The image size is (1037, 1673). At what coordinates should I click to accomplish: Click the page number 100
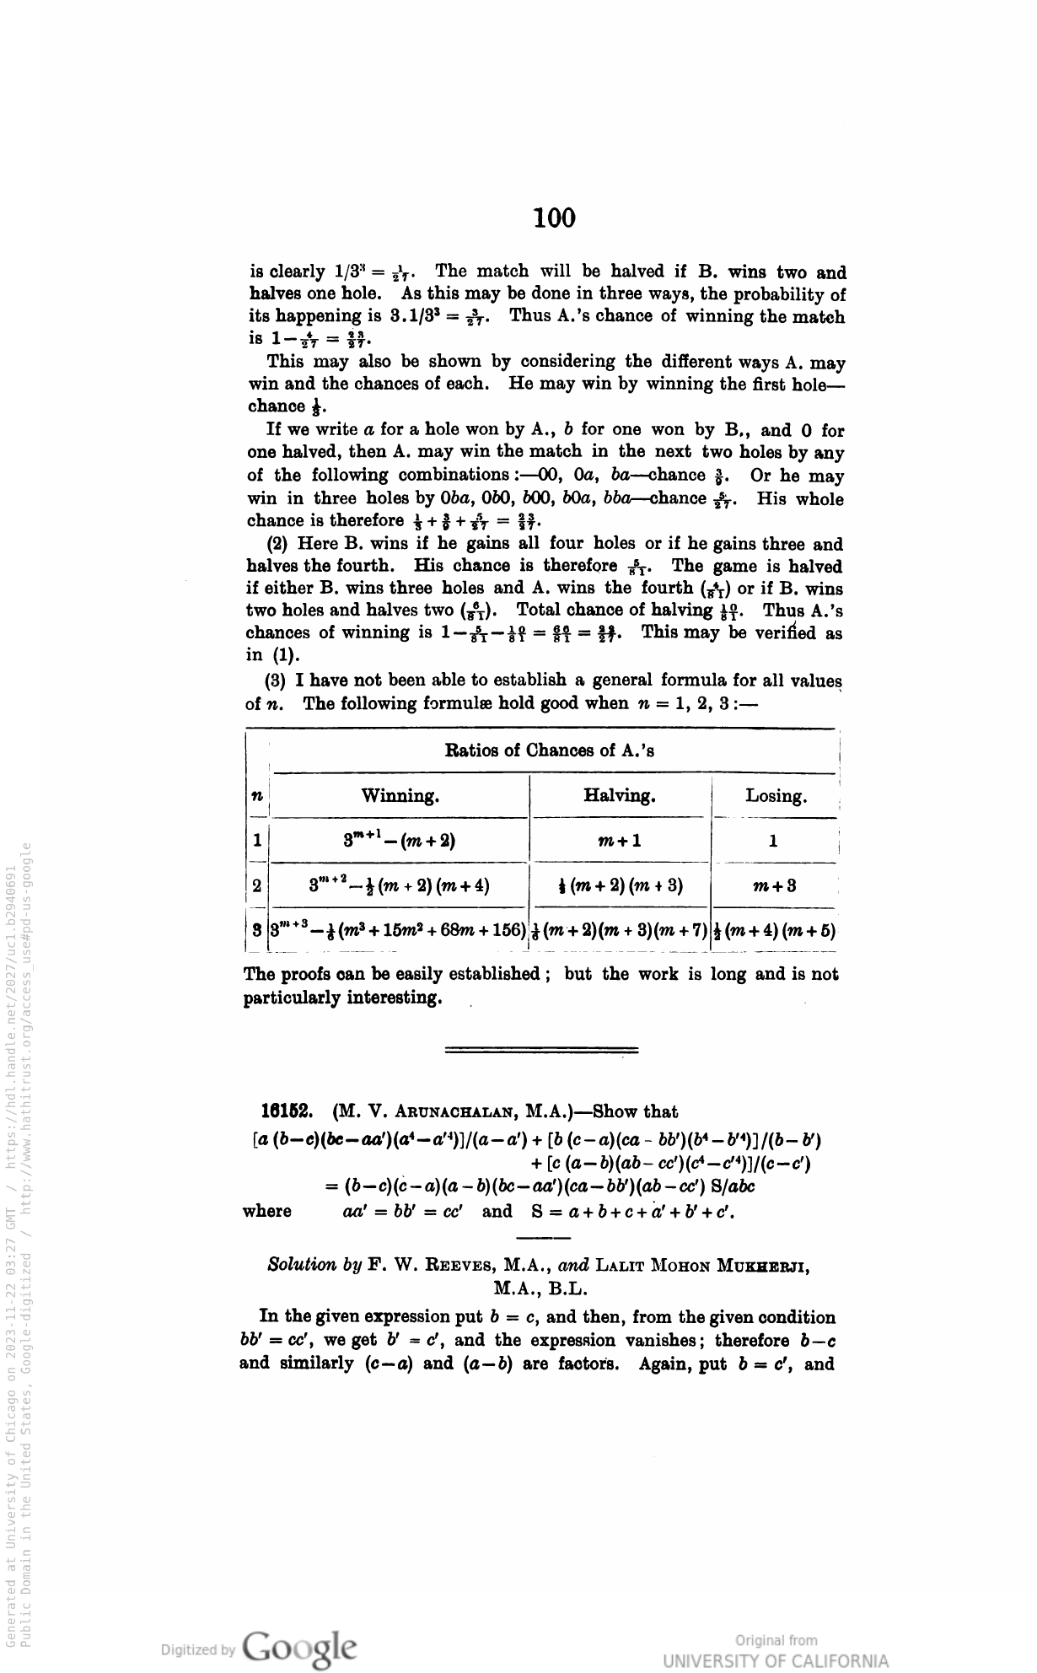[x=554, y=218]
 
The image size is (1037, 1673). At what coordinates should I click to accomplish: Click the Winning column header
[x=400, y=796]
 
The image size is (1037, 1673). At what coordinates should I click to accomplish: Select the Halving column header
[x=620, y=796]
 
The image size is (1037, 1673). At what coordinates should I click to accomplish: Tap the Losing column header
[x=776, y=796]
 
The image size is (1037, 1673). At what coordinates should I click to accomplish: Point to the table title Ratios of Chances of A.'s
[x=550, y=750]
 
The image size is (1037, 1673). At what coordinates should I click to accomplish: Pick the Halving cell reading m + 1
[x=620, y=841]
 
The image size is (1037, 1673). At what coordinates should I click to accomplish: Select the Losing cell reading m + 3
[x=774, y=885]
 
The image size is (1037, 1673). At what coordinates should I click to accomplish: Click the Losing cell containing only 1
[x=773, y=841]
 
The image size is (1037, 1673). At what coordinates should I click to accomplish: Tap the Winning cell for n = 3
[x=398, y=930]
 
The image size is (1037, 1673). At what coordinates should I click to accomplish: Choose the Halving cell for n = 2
[x=620, y=885]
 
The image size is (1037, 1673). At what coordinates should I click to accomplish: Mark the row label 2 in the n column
[x=256, y=885]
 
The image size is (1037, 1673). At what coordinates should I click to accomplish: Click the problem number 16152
[x=286, y=1111]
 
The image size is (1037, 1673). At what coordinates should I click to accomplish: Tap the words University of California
[x=776, y=1660]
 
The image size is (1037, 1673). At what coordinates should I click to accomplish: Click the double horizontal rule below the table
[x=540, y=1051]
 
